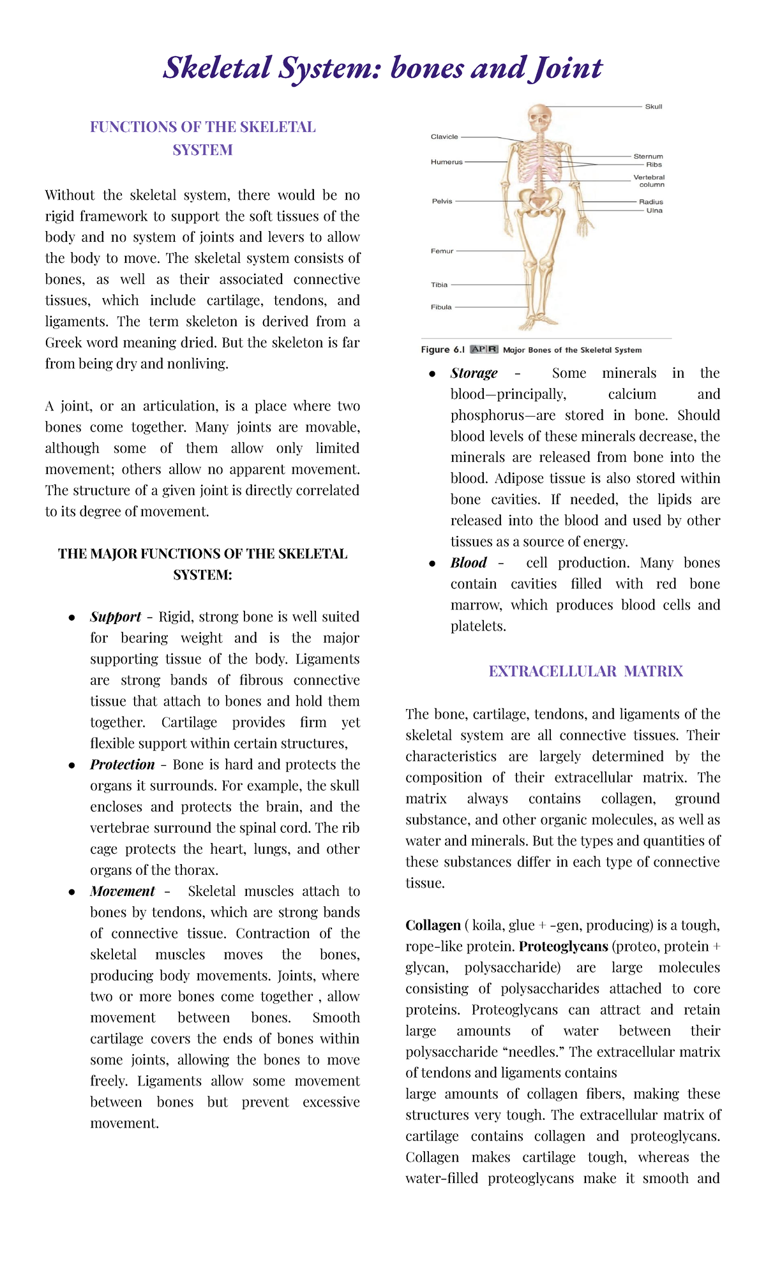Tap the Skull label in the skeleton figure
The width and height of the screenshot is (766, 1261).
[x=653, y=107]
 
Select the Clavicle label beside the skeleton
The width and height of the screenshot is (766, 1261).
[x=444, y=137]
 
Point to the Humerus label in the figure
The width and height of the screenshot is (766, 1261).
[x=446, y=162]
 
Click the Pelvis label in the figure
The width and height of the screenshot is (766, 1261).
[x=442, y=201]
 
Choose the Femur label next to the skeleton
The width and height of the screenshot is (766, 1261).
[x=442, y=251]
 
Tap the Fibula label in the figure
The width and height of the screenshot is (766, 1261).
[x=441, y=307]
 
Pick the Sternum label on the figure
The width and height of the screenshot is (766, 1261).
[x=648, y=156]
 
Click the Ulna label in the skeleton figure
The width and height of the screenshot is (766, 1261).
[x=654, y=211]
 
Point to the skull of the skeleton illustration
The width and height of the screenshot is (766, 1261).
[x=539, y=118]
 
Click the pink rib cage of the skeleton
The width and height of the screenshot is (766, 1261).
[x=540, y=163]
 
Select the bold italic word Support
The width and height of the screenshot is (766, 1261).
[x=115, y=617]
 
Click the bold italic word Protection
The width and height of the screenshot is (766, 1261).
[x=122, y=765]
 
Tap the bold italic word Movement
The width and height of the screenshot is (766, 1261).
[x=122, y=891]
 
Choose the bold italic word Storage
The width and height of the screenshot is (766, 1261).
[x=474, y=373]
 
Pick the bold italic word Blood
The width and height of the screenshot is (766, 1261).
[x=469, y=563]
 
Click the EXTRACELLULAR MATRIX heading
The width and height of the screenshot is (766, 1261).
[x=585, y=671]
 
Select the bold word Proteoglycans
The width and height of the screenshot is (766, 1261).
[x=563, y=946]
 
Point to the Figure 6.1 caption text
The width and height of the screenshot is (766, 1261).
[x=531, y=350]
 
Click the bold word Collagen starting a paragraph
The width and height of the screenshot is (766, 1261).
[x=433, y=925]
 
